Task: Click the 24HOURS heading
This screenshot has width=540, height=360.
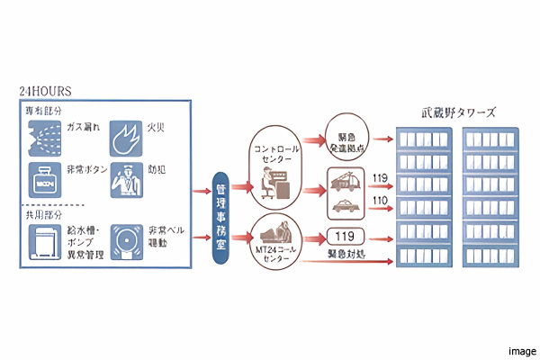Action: click(45, 91)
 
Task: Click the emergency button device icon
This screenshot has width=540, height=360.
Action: click(41, 181)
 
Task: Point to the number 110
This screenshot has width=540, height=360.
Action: click(381, 201)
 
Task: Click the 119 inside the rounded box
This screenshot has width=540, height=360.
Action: click(344, 237)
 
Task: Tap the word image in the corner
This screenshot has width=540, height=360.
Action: click(522, 350)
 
